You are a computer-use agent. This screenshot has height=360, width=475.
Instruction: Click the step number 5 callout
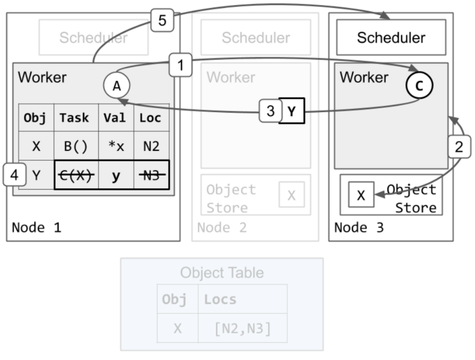(162, 20)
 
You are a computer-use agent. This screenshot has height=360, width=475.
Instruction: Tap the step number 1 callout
(180, 65)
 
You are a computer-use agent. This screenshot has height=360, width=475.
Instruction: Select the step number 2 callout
(459, 147)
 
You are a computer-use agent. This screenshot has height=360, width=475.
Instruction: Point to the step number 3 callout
(270, 111)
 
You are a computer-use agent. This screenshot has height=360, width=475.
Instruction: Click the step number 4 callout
(14, 175)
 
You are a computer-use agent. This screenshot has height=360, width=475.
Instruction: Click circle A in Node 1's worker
(116, 86)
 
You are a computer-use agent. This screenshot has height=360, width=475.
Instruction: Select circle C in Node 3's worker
(419, 86)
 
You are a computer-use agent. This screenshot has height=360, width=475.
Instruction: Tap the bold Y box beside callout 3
(291, 111)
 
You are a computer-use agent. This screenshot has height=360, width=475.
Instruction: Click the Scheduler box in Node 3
(391, 37)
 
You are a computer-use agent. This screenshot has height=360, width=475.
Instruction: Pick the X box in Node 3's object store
(361, 195)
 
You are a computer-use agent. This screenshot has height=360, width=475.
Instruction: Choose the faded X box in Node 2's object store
(292, 195)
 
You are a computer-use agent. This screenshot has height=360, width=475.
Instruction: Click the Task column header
(75, 118)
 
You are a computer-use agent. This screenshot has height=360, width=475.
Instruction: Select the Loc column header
(151, 118)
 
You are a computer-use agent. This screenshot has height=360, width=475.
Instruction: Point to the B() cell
(76, 146)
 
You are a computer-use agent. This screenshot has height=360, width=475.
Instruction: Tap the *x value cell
(116, 146)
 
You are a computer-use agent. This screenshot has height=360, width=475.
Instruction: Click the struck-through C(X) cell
(76, 175)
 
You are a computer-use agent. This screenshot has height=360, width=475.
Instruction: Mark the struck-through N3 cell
(152, 175)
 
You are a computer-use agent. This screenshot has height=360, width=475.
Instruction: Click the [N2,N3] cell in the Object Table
(243, 328)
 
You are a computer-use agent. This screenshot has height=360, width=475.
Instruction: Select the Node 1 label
(36, 227)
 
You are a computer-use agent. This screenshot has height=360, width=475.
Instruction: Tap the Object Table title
(222, 272)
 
